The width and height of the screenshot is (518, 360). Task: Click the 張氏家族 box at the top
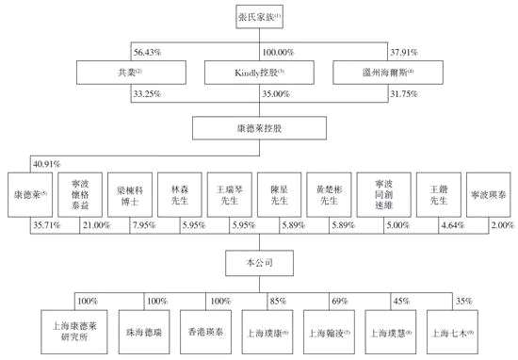click(x=259, y=16)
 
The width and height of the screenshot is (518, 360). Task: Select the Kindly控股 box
click(x=259, y=72)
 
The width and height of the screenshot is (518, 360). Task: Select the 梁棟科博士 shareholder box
click(x=125, y=196)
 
